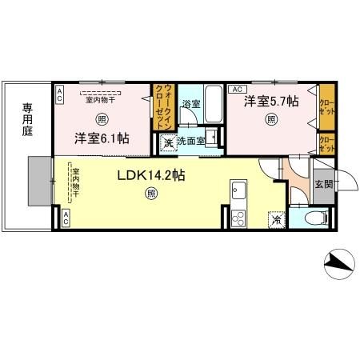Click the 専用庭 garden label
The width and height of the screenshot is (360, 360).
[27, 119]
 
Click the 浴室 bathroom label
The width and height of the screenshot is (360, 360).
[190, 105]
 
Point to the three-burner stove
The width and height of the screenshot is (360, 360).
[238, 217]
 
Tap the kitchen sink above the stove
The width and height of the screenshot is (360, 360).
[238, 192]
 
